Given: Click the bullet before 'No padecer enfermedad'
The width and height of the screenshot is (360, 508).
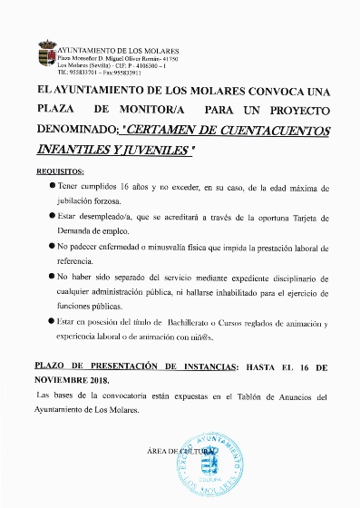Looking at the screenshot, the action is pos(52,246).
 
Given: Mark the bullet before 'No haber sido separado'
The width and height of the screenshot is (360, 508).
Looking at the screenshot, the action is pos(52,274).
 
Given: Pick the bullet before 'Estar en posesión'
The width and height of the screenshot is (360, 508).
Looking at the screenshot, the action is pos(52,322).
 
